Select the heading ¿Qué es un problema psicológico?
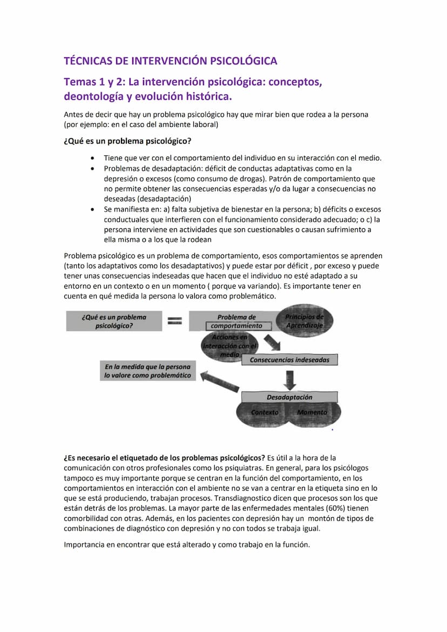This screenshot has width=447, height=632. click(127, 141)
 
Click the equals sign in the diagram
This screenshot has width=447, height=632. click(174, 321)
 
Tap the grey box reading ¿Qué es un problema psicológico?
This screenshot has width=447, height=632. click(114, 321)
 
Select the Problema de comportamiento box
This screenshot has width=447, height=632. click(236, 322)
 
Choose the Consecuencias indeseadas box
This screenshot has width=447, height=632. click(289, 359)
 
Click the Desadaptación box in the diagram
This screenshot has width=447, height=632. click(289, 397)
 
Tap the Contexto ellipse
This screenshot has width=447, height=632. click(265, 413)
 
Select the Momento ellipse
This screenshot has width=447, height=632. click(312, 413)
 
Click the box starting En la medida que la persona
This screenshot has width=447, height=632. click(147, 371)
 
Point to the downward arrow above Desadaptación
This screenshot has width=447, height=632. click(290, 379)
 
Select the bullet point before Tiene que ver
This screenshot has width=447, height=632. click(94, 158)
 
